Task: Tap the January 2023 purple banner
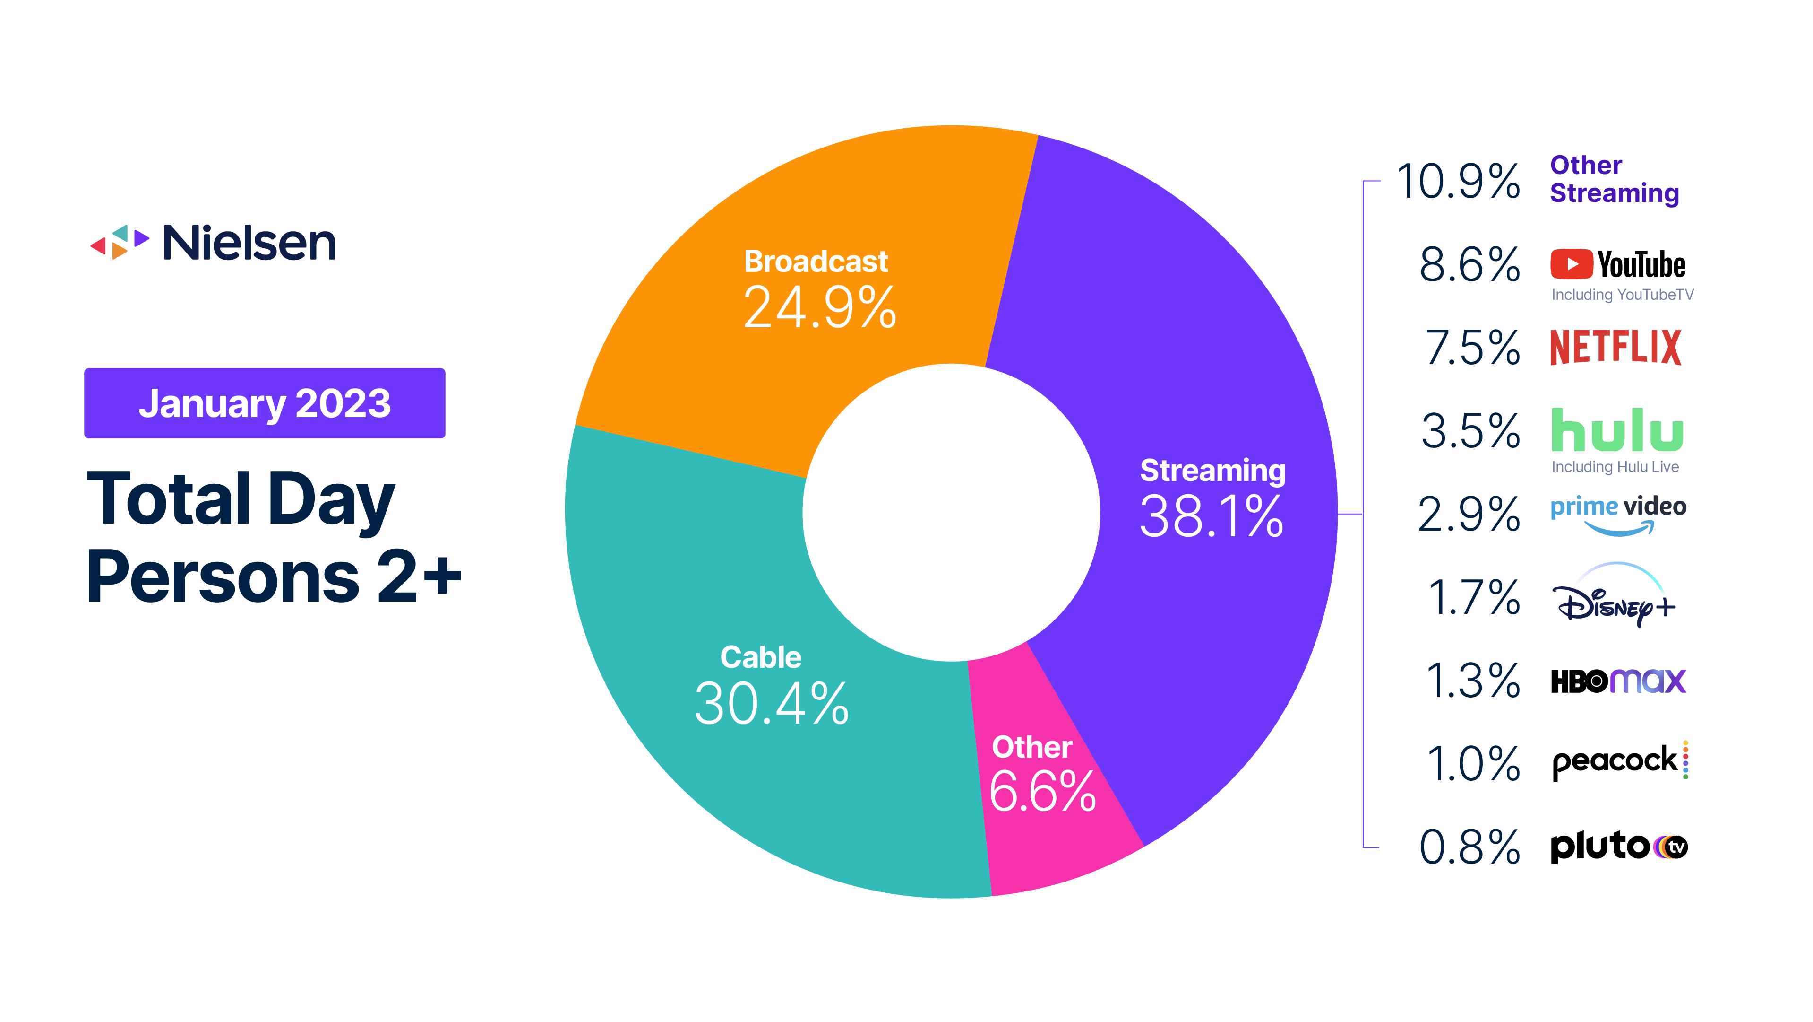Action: coord(265,403)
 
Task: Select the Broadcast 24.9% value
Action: coord(819,308)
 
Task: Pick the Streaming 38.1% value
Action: coord(1211,516)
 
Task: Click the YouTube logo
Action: coord(1617,265)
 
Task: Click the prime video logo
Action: coord(1617,513)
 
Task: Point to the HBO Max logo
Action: coord(1618,681)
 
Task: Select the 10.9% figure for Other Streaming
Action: coord(1458,182)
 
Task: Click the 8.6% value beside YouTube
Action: coord(1469,265)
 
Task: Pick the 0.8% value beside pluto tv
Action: coord(1469,847)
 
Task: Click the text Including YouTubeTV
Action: coord(1622,295)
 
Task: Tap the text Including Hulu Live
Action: coord(1615,466)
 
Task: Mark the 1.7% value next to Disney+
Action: coord(1473,597)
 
